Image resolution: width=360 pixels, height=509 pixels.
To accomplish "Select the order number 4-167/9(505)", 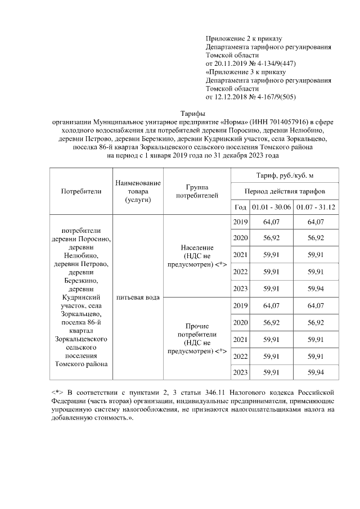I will pos(275,97).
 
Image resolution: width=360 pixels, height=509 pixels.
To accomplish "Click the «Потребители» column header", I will pos(82,191).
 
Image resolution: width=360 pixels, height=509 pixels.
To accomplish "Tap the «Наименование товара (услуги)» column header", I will pos(138,191).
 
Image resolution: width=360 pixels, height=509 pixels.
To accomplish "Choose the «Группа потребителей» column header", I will pos(196,191).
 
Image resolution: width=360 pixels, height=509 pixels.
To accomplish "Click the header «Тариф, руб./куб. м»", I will pos(285,176).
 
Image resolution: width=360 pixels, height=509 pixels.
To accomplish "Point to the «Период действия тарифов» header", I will pos(285,191).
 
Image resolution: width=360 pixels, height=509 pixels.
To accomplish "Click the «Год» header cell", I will pos(240,207).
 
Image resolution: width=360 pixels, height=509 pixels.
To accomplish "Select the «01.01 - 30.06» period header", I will pos(271,207).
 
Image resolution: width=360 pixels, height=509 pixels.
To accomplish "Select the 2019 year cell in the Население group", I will pos(240,222).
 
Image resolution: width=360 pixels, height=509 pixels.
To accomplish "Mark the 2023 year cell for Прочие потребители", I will pos(240,372).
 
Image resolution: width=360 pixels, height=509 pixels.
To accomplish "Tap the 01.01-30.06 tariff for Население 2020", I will pos(271,238).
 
